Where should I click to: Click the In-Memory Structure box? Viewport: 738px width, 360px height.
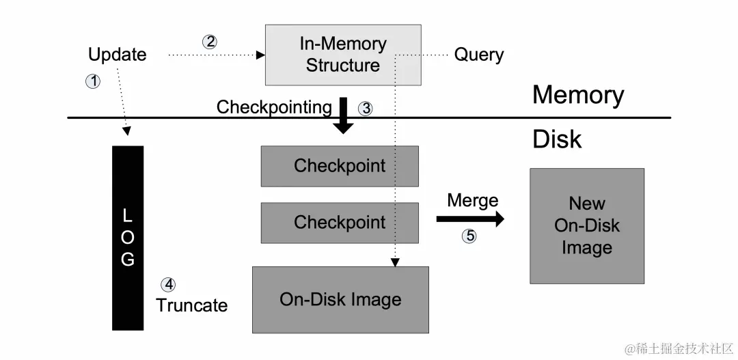343,55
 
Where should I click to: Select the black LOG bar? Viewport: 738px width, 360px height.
128,238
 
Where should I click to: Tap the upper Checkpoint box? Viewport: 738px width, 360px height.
340,166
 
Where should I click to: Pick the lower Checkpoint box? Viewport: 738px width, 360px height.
340,223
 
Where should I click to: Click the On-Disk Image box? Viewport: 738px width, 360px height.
340,299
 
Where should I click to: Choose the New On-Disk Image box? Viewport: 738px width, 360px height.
587,225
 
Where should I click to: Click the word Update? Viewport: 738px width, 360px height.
118,55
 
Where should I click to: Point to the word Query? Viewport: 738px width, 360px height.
479,55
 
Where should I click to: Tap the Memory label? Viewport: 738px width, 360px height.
578,95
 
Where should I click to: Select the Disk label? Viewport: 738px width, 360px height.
557,139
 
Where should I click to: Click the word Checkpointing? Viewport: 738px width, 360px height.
274,107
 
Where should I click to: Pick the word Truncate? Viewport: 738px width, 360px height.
191,305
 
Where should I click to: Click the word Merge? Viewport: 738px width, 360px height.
472,201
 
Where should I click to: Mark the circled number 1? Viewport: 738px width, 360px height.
92,81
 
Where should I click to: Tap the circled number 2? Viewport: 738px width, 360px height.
210,42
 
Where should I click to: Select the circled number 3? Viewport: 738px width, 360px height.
366,108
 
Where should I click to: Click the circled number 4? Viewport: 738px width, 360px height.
167,284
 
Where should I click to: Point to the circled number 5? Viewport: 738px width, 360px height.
469,236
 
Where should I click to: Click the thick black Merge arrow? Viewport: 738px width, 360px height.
470,219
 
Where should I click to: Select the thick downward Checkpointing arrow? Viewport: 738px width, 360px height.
344,115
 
